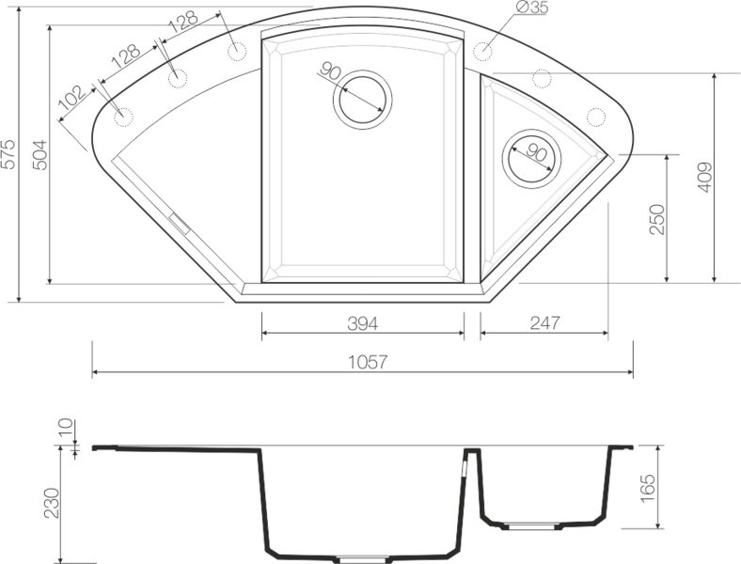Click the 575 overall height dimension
[8, 154]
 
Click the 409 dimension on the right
[705, 177]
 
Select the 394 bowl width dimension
[362, 323]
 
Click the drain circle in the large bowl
[362, 97]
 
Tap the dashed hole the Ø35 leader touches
[484, 50]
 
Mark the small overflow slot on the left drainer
[178, 222]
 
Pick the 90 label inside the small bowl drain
[536, 153]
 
